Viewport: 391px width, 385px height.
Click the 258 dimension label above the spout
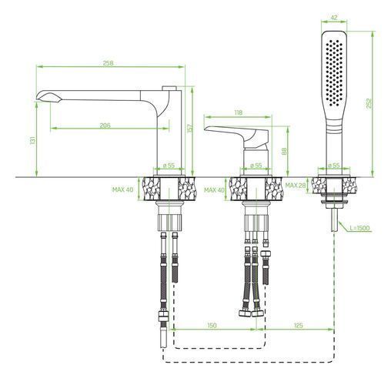[x=108, y=63]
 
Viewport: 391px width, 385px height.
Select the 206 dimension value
[x=105, y=126]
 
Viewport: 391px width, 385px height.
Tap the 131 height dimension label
[x=33, y=140]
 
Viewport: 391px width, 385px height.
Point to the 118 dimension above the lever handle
[x=238, y=112]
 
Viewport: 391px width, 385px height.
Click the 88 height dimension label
[x=284, y=151]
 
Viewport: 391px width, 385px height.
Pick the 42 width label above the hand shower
[x=334, y=18]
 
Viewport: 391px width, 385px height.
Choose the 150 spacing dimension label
[x=212, y=326]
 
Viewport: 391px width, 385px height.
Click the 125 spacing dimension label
[x=299, y=326]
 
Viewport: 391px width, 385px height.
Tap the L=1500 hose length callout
[x=359, y=228]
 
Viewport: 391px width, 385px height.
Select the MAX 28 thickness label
[x=296, y=185]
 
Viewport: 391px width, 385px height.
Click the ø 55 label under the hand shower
[x=334, y=166]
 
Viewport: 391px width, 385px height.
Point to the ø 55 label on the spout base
[x=169, y=166]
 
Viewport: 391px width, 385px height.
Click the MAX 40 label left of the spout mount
[x=122, y=189]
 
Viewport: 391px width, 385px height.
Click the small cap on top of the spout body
[x=169, y=88]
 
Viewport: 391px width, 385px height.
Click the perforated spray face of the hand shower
[x=334, y=72]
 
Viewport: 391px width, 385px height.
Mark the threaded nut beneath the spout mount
[x=169, y=223]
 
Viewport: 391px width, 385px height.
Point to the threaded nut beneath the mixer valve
[x=256, y=223]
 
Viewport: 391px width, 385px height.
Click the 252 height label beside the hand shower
[x=369, y=103]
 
